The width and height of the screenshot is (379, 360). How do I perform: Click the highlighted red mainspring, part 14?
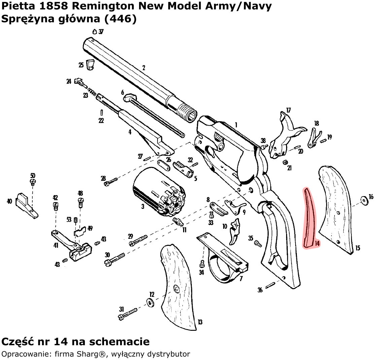[310, 218]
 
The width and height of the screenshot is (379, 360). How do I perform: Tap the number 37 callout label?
[101, 32]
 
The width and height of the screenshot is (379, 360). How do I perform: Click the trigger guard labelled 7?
[224, 259]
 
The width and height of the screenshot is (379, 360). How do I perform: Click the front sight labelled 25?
[91, 65]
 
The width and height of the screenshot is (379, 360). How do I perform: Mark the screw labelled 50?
[33, 182]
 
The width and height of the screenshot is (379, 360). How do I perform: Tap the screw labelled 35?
[258, 242]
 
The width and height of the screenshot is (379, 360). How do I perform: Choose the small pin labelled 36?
[270, 285]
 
